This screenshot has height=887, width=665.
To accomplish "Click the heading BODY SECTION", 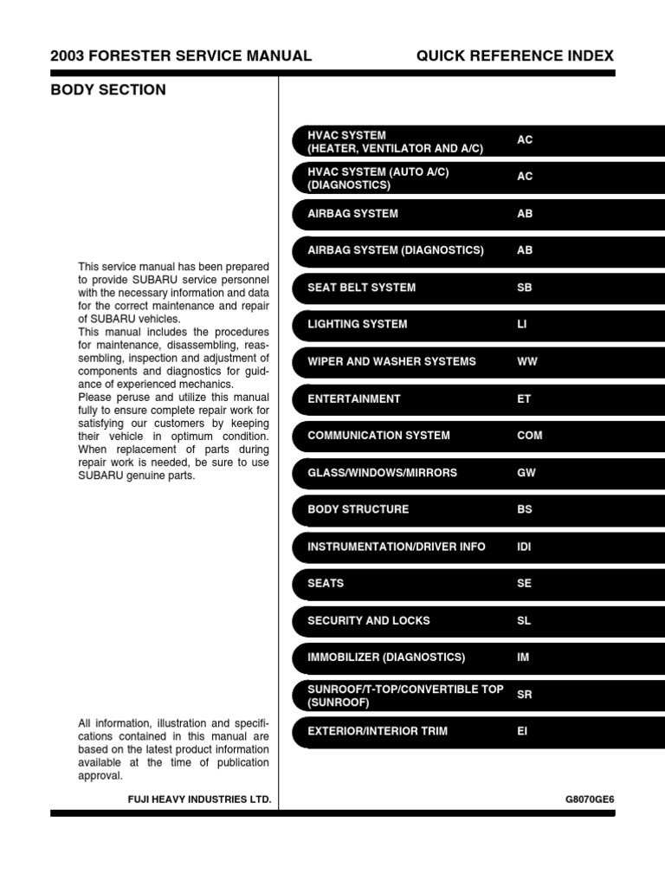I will [108, 90].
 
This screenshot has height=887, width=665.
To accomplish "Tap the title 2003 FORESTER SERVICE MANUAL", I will [181, 56].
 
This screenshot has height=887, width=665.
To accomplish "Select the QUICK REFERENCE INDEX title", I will [514, 56].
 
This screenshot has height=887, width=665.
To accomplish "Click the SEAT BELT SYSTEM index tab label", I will [361, 288].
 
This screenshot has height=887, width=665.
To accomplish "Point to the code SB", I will [525, 288].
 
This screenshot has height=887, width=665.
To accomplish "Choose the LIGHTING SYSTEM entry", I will [357, 325].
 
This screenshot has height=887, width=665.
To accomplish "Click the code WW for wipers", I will [526, 361].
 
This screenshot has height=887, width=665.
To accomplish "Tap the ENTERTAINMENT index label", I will [353, 399].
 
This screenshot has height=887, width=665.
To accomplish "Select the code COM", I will [529, 436].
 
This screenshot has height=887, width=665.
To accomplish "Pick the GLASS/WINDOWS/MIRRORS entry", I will [382, 473].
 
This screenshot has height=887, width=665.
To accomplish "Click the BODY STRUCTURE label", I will [358, 509].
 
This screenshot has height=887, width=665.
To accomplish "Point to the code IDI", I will [525, 547].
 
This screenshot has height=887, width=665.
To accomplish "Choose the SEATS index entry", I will [326, 584].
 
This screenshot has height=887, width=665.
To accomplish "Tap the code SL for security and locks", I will [524, 621].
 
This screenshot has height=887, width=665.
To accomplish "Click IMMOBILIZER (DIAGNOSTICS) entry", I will [386, 657].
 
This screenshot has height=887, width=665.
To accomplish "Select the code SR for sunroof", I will [525, 695].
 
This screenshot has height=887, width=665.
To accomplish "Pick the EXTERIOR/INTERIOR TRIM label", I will [378, 731].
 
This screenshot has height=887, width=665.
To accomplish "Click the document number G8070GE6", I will [590, 799].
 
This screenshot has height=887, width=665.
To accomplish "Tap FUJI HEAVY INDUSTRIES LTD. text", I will [199, 799].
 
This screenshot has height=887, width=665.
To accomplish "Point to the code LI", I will [521, 325].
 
